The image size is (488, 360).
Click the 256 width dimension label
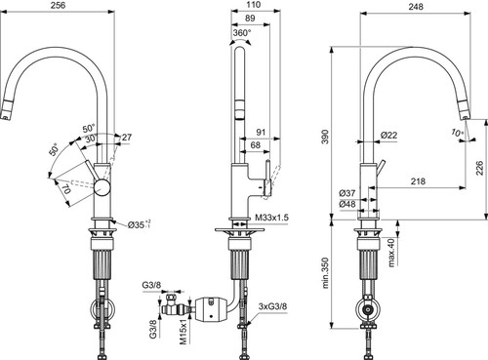59,5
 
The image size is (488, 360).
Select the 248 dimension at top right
416,7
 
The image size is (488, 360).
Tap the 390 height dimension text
325,137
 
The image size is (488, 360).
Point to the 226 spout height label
480,168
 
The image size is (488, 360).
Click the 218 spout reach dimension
418,180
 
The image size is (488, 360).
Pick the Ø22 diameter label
388,135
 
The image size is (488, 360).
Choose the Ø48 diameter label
347,204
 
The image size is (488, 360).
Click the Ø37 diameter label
347,193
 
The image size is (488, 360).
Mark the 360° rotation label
242,32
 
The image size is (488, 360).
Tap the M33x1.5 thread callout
271,218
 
